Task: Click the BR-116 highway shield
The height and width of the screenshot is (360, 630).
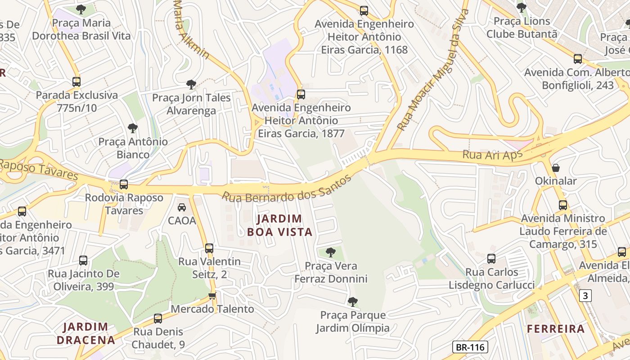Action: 470,347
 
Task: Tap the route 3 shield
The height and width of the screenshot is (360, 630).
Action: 585,296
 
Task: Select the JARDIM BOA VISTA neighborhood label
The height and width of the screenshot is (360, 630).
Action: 279,225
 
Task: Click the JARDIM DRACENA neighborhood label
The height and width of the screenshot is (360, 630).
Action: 85,333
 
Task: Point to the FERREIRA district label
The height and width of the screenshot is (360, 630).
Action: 556,329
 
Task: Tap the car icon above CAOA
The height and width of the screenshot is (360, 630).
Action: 182,207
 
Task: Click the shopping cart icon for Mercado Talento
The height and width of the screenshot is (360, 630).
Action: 212,296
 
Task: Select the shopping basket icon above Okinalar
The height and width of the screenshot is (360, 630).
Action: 556,168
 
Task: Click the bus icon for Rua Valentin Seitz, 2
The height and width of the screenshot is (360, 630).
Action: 209,248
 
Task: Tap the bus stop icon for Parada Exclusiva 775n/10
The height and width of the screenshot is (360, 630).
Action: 76,82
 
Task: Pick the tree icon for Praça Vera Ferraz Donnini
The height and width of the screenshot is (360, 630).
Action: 331,252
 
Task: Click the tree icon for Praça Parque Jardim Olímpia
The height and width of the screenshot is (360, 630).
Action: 353,301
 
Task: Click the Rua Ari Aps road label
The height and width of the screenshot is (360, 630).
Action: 492,154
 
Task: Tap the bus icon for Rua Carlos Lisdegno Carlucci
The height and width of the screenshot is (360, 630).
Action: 491,259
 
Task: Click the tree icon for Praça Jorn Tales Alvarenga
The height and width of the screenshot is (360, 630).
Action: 191,84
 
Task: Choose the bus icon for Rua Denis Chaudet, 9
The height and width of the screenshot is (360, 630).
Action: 158,319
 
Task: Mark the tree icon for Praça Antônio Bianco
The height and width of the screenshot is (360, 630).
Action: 133,128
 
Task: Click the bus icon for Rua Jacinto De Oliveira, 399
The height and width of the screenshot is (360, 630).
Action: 83,261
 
